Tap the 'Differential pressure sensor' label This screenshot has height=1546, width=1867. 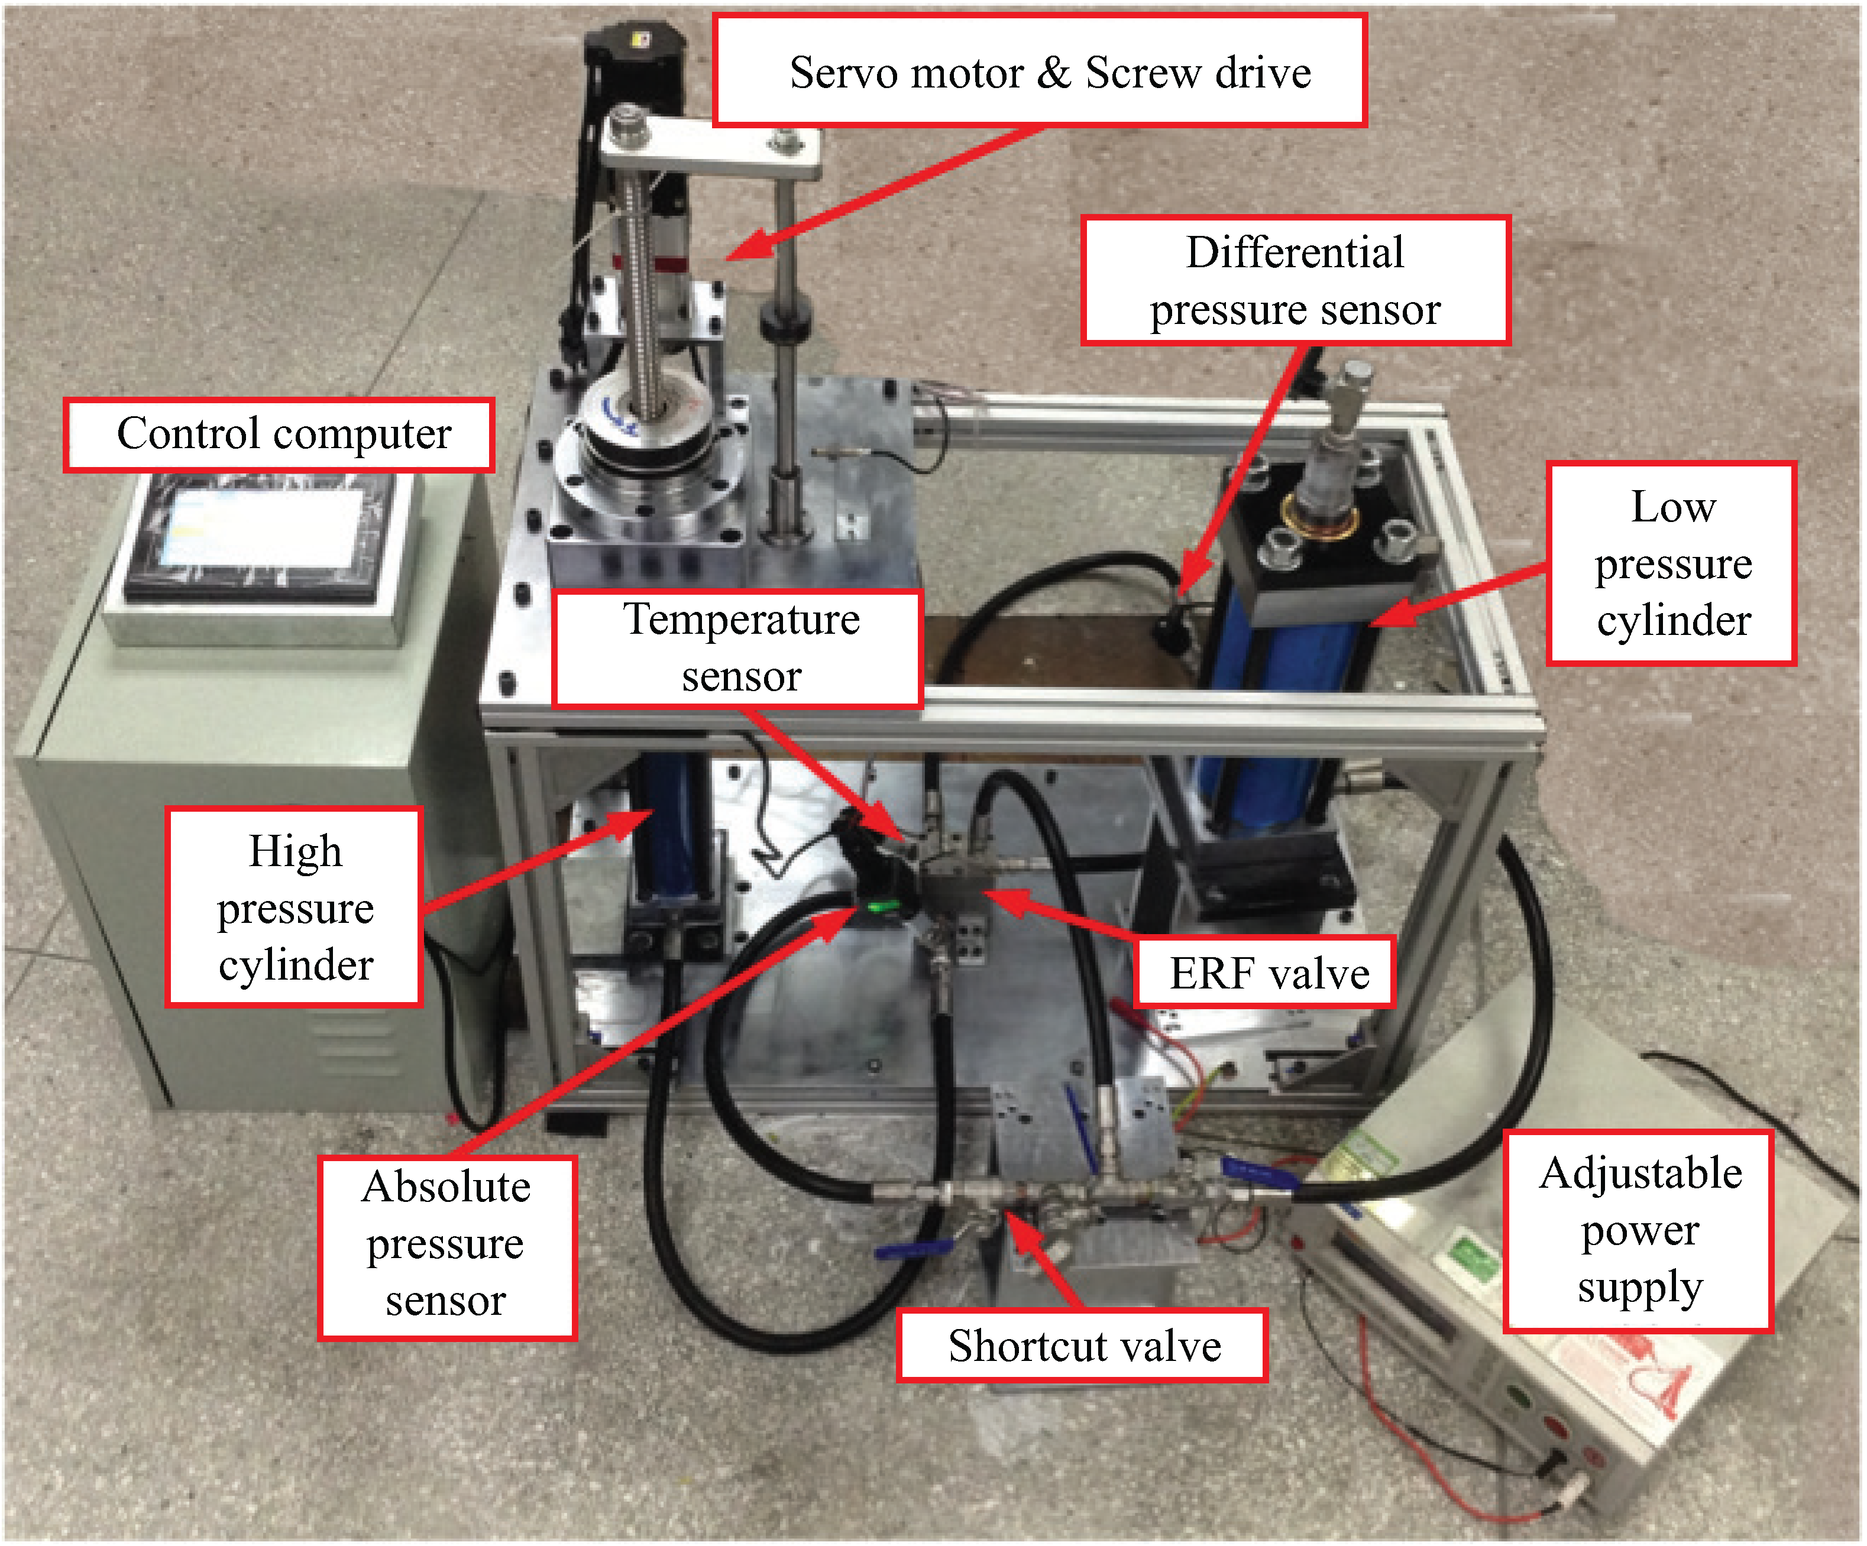click(1295, 280)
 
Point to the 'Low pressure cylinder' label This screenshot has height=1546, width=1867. click(1671, 563)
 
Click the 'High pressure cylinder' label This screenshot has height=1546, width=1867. click(295, 907)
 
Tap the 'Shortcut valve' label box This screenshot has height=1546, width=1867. click(1082, 1345)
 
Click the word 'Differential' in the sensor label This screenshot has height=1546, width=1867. click(1295, 252)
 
